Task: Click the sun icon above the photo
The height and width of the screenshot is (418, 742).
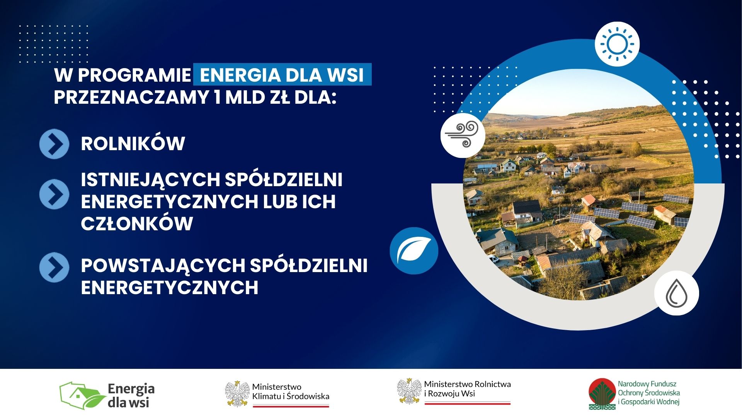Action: pyautogui.click(x=617, y=44)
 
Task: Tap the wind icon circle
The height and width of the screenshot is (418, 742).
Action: pyautogui.click(x=463, y=135)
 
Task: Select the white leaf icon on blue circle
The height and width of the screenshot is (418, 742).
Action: pyautogui.click(x=414, y=250)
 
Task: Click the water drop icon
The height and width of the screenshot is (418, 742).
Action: pyautogui.click(x=677, y=293)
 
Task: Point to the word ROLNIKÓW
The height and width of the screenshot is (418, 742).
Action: pyautogui.click(x=133, y=144)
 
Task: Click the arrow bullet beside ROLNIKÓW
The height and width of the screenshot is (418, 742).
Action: pyautogui.click(x=54, y=144)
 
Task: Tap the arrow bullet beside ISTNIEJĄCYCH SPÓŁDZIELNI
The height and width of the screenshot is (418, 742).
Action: pyautogui.click(x=54, y=194)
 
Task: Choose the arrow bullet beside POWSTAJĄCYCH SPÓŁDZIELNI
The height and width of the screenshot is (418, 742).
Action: pyautogui.click(x=54, y=267)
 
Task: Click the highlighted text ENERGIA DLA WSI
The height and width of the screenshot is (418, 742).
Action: pyautogui.click(x=282, y=75)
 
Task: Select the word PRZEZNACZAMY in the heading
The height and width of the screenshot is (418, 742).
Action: pyautogui.click(x=131, y=97)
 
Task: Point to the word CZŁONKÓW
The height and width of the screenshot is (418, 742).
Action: pyautogui.click(x=137, y=224)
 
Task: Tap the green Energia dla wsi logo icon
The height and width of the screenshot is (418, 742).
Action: pyautogui.click(x=83, y=396)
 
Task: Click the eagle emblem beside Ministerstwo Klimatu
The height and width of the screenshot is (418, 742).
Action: pyautogui.click(x=237, y=394)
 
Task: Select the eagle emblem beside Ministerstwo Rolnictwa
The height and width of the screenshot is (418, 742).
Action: pyautogui.click(x=409, y=391)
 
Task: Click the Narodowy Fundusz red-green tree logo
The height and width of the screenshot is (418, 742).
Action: pyautogui.click(x=602, y=394)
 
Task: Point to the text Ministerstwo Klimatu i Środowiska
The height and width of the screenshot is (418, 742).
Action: pyautogui.click(x=291, y=391)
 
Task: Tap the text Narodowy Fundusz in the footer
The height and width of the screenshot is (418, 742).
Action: pyautogui.click(x=647, y=384)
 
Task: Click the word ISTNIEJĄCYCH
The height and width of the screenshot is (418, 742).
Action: pyautogui.click(x=150, y=180)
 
